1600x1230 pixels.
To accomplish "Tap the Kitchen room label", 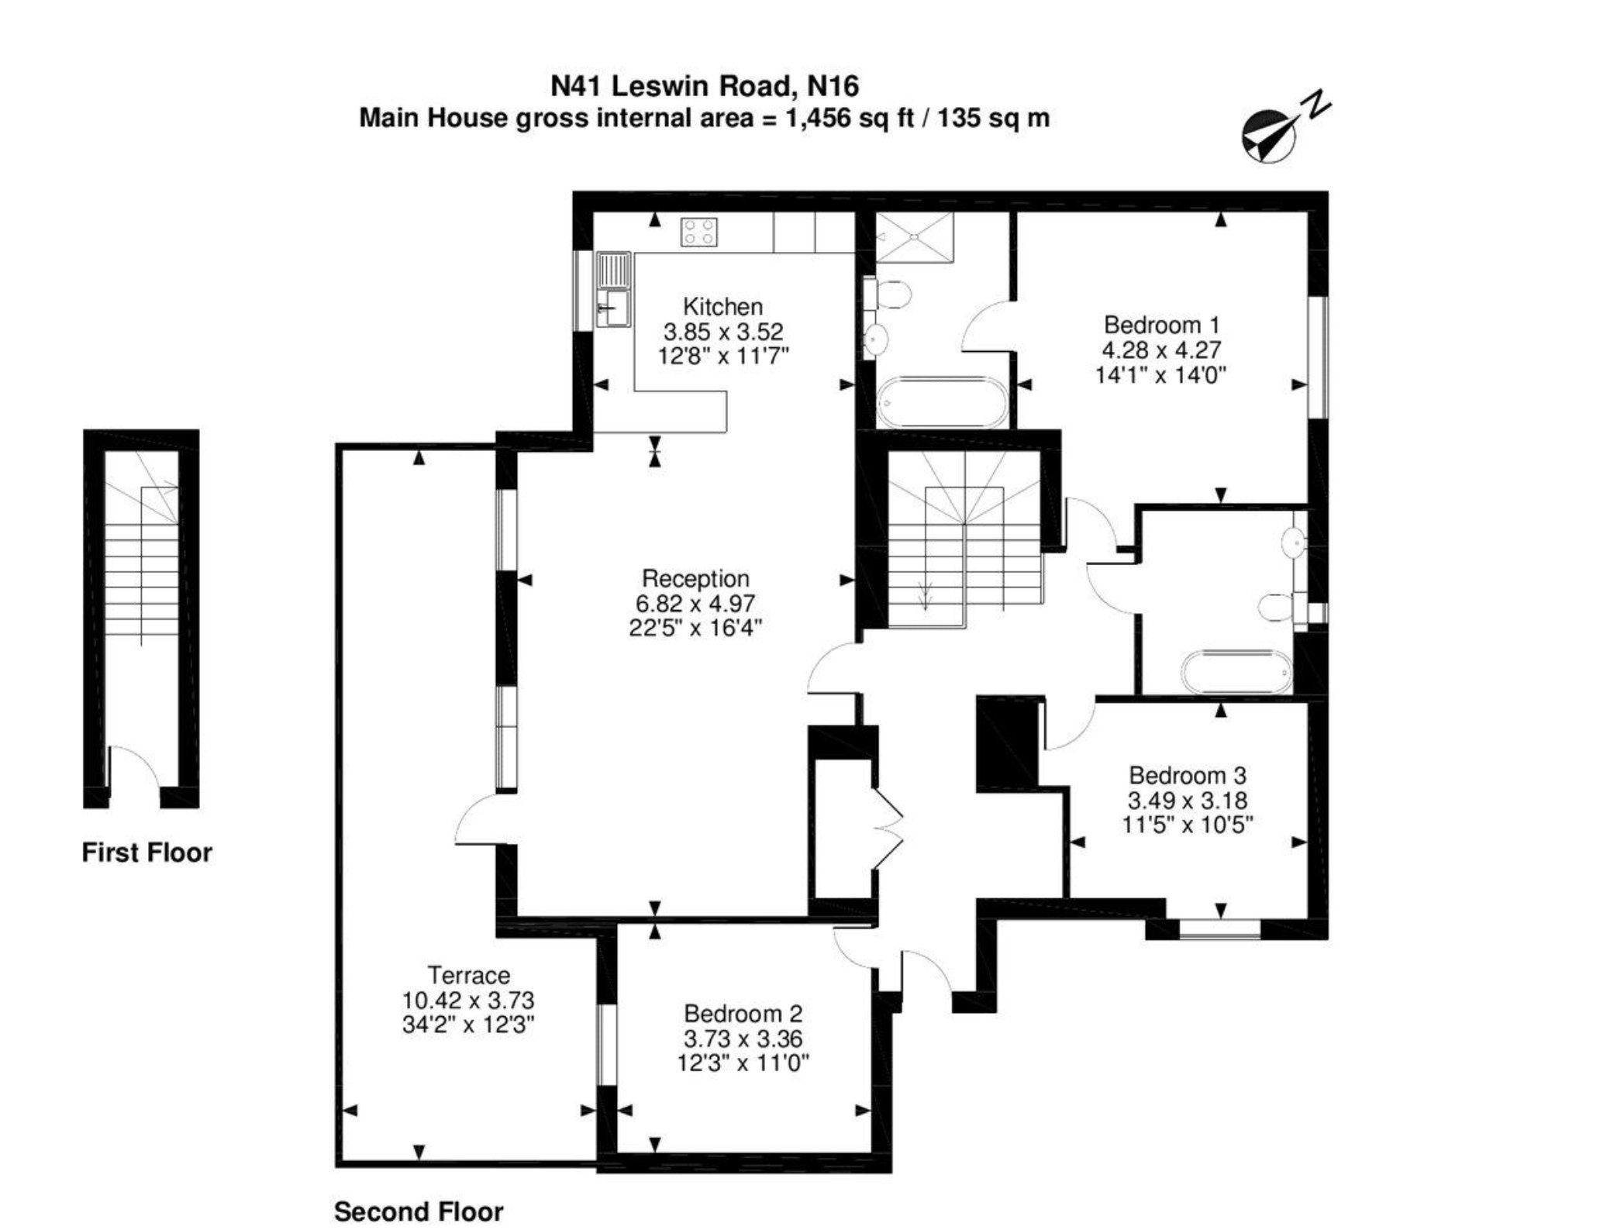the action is tap(722, 306).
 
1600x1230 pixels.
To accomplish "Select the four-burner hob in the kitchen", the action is tap(698, 232).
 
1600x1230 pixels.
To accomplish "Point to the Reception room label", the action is tap(695, 578).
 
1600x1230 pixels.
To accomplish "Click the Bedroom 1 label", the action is tap(1161, 324).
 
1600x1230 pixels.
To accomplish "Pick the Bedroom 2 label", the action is tap(743, 1013).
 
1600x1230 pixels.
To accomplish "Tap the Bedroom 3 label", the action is tap(1187, 775).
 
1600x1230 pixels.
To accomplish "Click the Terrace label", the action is tap(469, 974).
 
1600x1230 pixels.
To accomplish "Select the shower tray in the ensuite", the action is tap(915, 237).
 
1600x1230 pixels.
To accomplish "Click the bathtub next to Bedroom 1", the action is tap(942, 401).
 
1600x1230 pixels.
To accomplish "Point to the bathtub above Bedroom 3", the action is tap(1236, 670).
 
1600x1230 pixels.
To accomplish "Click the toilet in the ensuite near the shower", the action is tap(890, 295).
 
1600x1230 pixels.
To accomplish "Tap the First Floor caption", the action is tap(147, 853).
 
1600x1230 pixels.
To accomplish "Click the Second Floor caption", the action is tap(419, 1211).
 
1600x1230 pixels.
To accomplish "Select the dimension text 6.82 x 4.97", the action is tap(695, 603).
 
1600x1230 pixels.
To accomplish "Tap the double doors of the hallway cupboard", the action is tap(888, 829).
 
